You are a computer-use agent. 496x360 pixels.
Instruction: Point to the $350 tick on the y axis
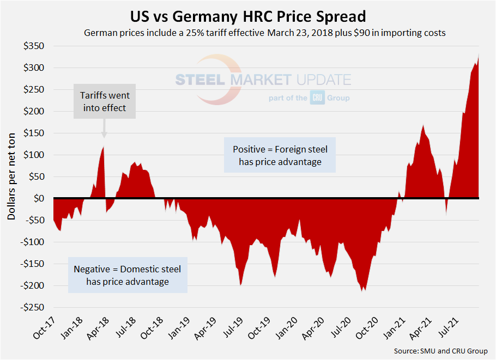point(34,46)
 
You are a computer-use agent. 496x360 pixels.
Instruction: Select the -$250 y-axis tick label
point(32,307)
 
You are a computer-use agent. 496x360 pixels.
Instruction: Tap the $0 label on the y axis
point(39,198)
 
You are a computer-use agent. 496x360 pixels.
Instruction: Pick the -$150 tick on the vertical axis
point(32,264)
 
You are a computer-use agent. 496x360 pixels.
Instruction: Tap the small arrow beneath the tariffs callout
point(104,134)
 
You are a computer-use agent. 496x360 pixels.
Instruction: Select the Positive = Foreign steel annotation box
point(280,155)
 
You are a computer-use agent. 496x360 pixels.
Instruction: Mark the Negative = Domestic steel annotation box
point(128,275)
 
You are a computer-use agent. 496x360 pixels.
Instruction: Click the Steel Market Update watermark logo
point(263,80)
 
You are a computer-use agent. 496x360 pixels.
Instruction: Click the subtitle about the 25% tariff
point(265,33)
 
